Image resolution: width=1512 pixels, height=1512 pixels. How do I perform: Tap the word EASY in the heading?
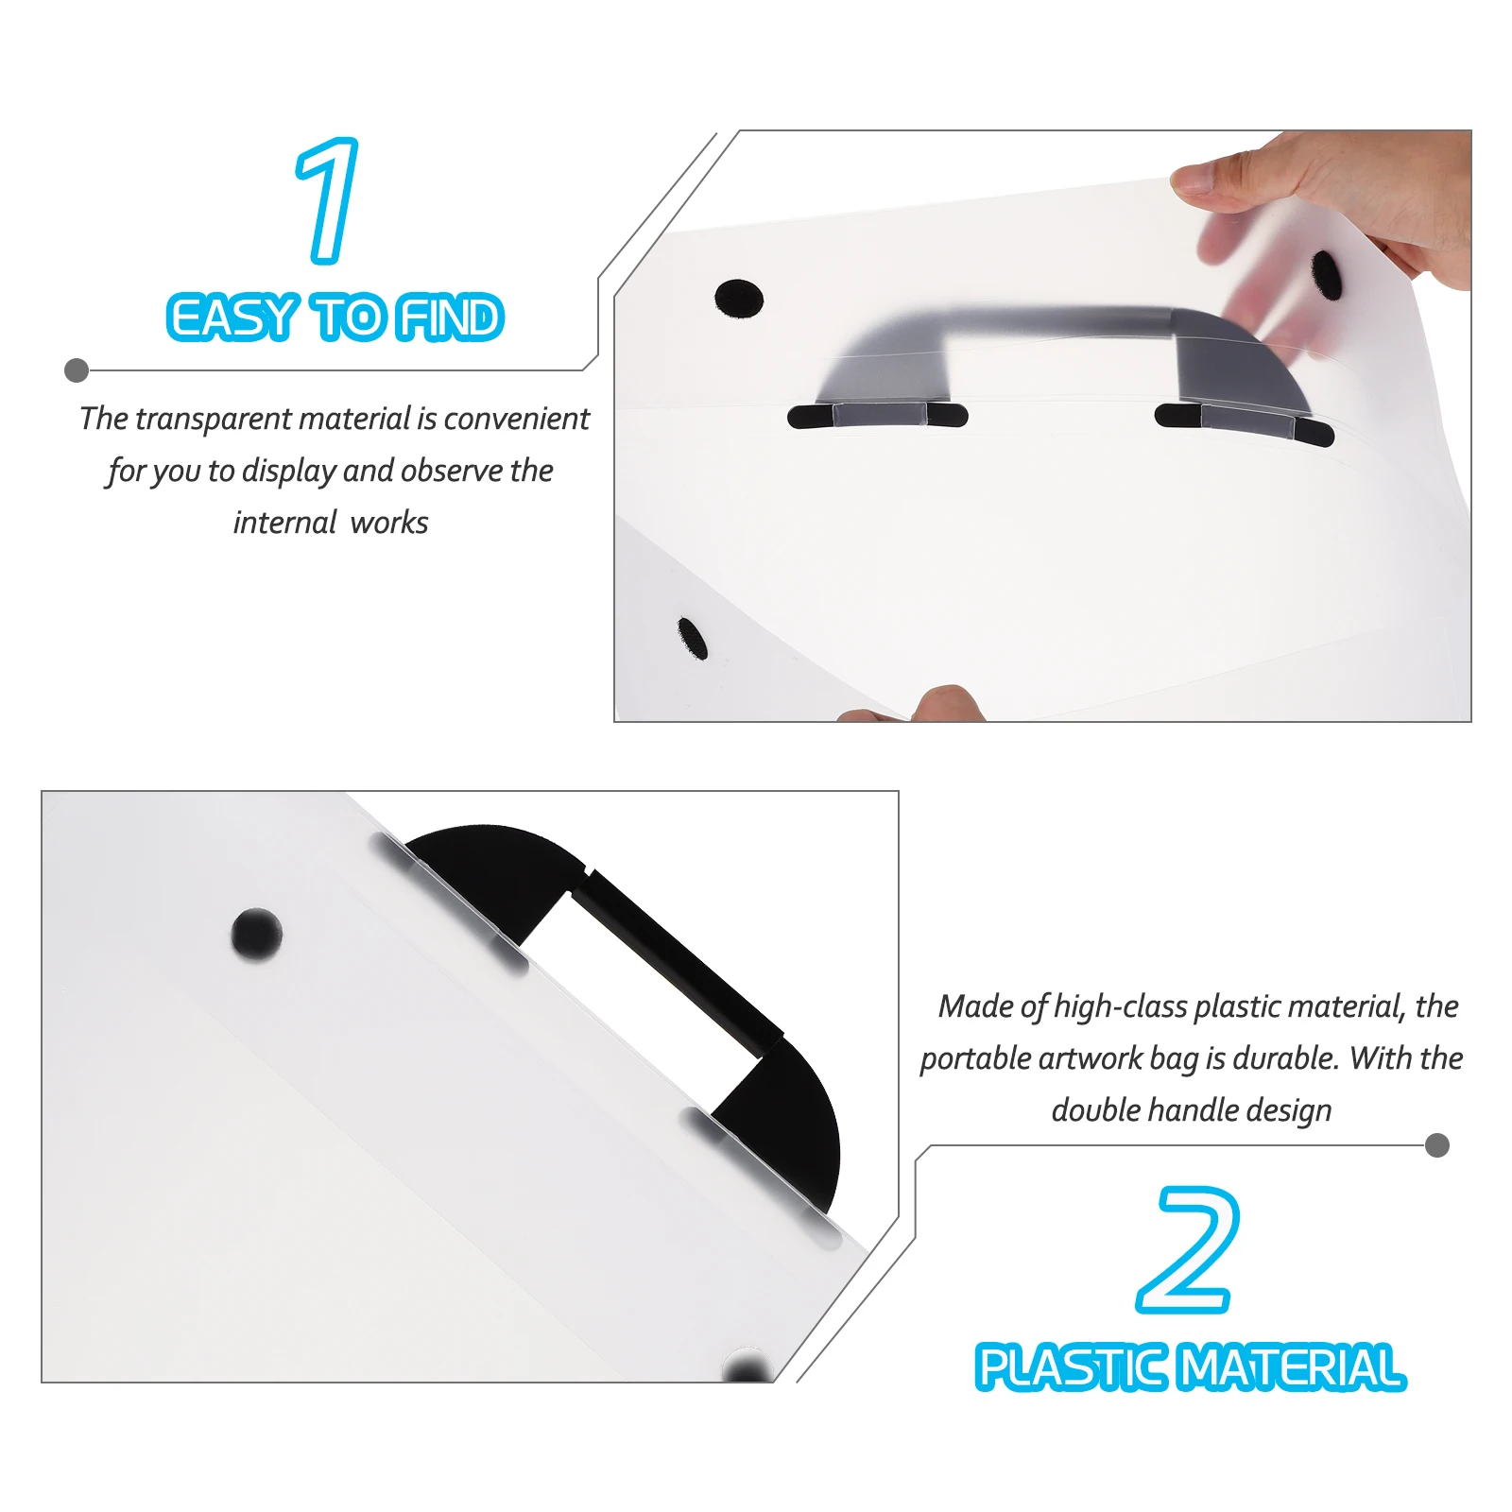(232, 318)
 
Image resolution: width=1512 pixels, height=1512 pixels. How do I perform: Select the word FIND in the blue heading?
(450, 318)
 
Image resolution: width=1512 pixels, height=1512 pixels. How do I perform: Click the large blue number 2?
(1188, 1249)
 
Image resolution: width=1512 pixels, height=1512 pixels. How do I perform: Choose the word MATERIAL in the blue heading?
(1294, 1367)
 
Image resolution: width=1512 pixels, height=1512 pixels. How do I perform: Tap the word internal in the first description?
(284, 523)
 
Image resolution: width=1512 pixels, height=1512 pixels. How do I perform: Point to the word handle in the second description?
(1193, 1110)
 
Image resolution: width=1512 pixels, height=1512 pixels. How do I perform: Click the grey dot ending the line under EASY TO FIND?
(77, 370)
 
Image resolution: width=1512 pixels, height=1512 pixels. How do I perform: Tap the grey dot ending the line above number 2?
(1436, 1145)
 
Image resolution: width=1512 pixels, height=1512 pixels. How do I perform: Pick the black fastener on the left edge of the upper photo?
(693, 638)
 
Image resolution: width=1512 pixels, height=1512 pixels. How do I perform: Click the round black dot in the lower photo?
(257, 934)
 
